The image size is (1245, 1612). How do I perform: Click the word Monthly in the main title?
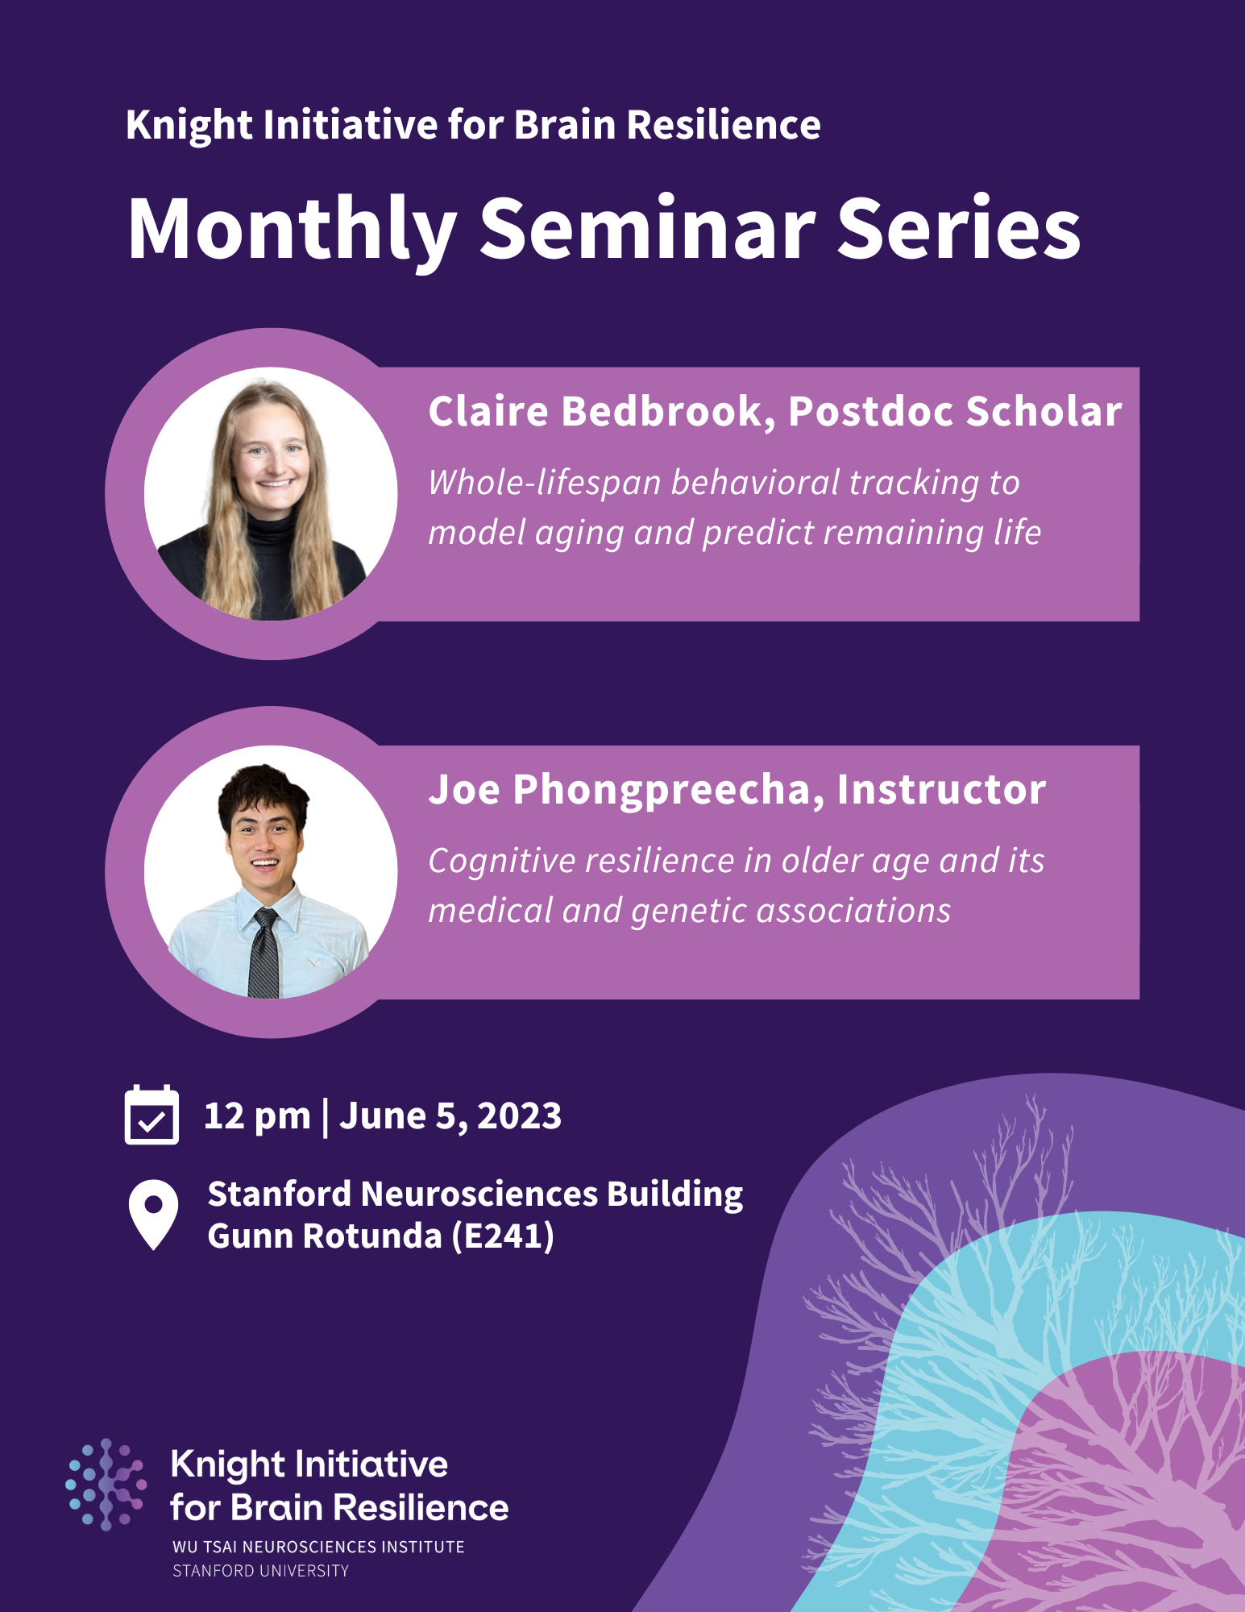[292, 230]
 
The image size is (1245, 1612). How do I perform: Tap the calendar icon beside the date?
[151, 1116]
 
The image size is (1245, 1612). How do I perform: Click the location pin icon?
[153, 1214]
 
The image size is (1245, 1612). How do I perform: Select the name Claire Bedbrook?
[595, 411]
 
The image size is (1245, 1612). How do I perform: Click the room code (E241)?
[503, 1236]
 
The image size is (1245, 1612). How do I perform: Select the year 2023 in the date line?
[519, 1116]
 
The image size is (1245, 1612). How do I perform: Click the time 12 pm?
[257, 1116]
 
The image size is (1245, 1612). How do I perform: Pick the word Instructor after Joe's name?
[941, 790]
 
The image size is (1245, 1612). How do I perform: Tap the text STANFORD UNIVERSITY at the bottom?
[260, 1570]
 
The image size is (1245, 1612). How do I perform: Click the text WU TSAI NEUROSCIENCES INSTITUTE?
[318, 1547]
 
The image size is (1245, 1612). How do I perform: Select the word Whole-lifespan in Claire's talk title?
[544, 483]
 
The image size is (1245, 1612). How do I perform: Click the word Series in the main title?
[959, 230]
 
